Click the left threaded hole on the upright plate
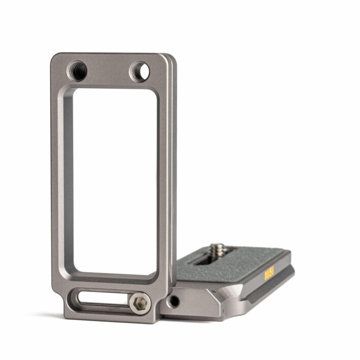(x=78, y=70)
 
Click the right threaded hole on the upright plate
(x=139, y=71)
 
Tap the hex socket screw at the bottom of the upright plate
(x=138, y=304)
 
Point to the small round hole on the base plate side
(x=174, y=301)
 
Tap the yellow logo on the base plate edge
(x=269, y=274)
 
